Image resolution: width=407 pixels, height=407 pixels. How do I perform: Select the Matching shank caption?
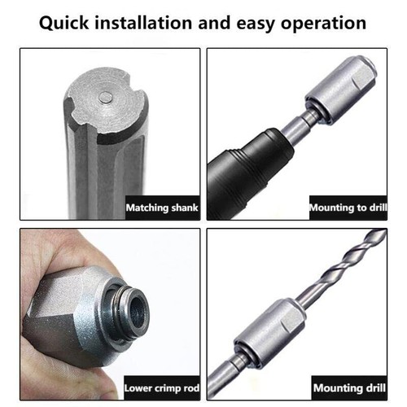point(160,208)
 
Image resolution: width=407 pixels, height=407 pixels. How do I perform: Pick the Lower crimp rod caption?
point(159,387)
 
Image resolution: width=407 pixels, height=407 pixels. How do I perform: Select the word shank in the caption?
point(179,208)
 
